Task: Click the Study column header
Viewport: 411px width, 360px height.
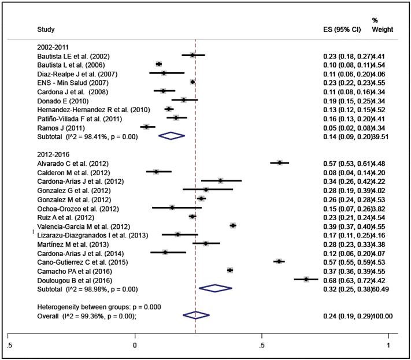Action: (46, 28)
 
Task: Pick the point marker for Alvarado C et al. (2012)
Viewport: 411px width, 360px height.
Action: (279, 163)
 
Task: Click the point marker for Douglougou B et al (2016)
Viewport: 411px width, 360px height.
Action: (306, 279)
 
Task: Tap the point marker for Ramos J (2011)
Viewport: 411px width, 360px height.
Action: (147, 127)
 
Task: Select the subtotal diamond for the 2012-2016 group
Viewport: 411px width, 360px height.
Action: (215, 288)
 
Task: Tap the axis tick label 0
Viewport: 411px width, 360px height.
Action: (135, 344)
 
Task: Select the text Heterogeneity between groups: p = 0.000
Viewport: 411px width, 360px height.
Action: (99, 306)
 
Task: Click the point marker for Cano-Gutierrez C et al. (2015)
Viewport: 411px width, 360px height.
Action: (279, 261)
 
